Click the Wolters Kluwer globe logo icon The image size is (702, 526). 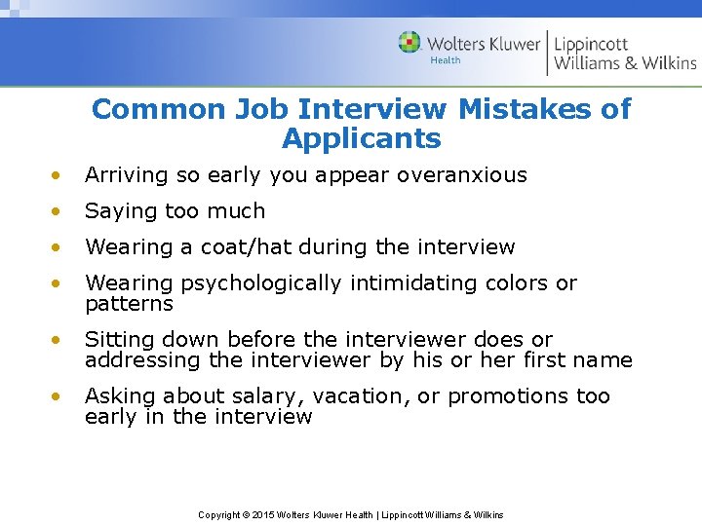coord(409,42)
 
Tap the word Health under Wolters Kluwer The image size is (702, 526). coord(446,60)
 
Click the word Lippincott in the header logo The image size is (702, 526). coord(591,43)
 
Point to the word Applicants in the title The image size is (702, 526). coord(362,138)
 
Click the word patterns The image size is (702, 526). coord(129,304)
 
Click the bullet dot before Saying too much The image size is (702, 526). coord(59,211)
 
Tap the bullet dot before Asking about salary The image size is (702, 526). coord(59,396)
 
